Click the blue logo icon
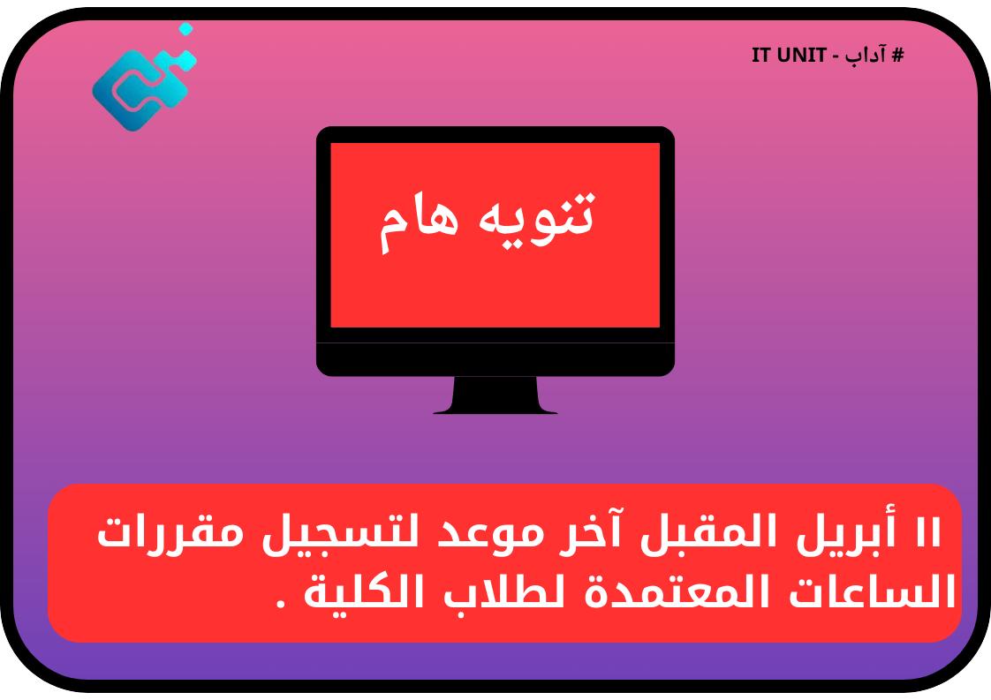(141, 84)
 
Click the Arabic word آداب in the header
(865, 56)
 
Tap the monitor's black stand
(495, 395)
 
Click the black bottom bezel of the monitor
(495, 359)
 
